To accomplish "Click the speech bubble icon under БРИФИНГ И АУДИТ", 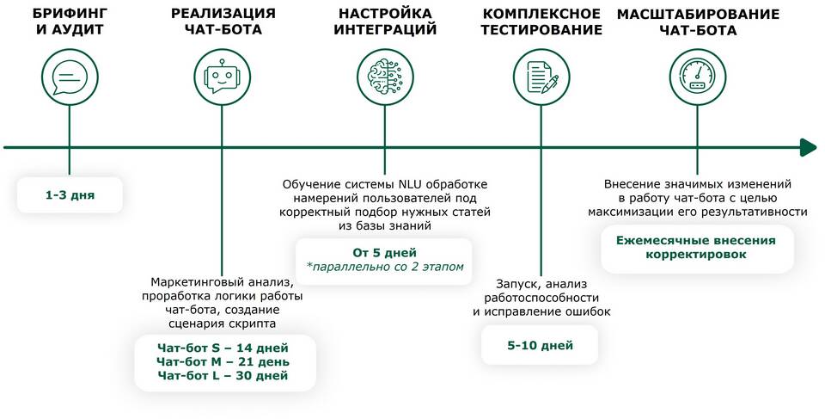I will click(69, 78).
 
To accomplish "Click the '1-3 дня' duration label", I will click(70, 195).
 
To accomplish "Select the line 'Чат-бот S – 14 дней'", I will click(223, 348).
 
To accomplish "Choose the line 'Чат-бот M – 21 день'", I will click(223, 361).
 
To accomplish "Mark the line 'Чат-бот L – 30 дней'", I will click(223, 375).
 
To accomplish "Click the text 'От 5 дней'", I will click(384, 252).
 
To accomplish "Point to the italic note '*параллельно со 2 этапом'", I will click(384, 267).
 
